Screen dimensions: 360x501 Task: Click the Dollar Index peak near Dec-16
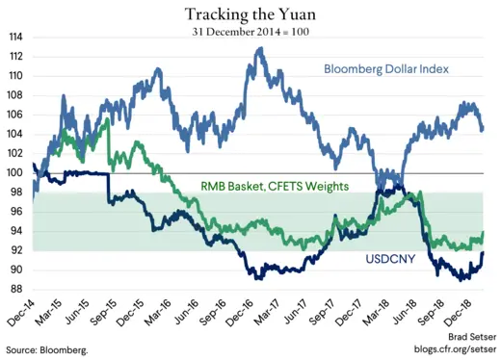(258, 49)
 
